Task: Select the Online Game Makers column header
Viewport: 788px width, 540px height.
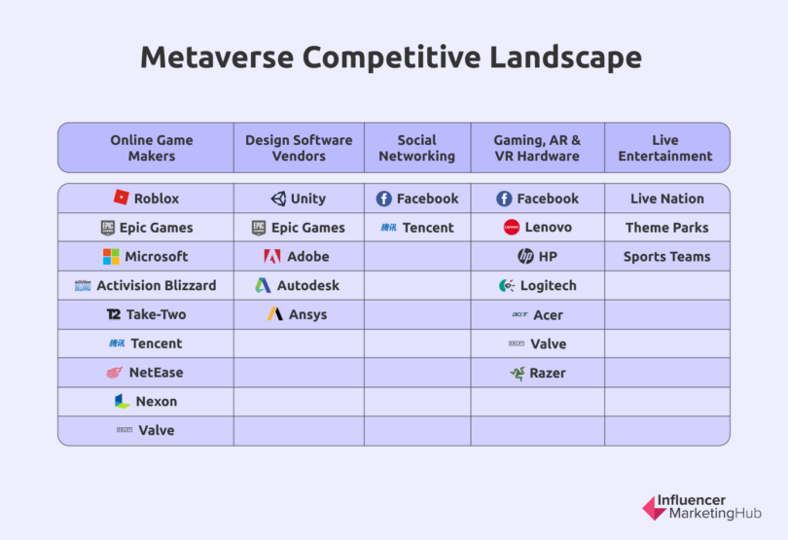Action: (x=151, y=148)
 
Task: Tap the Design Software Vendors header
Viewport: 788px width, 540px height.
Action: (x=300, y=148)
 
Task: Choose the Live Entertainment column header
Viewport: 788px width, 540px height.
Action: (x=665, y=148)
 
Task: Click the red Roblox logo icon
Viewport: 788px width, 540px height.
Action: (x=122, y=198)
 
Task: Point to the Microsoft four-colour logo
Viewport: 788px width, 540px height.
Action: (x=112, y=257)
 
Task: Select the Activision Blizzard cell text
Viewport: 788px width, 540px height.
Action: (x=156, y=286)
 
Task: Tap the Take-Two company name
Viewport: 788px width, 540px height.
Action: (x=156, y=315)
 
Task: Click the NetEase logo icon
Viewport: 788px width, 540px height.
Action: (x=115, y=373)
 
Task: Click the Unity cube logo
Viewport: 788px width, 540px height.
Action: (x=278, y=198)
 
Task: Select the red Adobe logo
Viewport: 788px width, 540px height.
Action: (x=271, y=257)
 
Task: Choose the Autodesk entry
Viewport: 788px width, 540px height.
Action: (x=307, y=286)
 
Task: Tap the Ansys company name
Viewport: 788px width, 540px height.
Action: (x=307, y=315)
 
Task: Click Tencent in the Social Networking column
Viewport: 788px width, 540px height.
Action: (x=428, y=228)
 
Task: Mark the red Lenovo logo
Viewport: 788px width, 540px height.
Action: (x=512, y=228)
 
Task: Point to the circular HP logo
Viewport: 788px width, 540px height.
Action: (x=525, y=257)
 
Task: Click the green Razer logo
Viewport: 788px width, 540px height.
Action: (x=518, y=373)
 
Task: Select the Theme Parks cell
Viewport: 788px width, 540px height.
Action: (x=666, y=228)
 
